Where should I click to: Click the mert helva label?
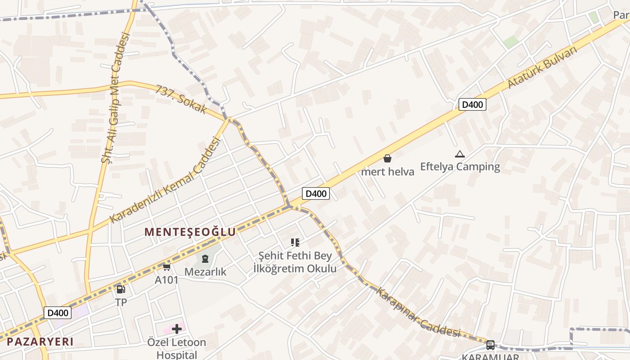click(x=387, y=171)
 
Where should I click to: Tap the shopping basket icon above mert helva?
click(x=387, y=158)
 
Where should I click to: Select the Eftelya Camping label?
click(x=460, y=166)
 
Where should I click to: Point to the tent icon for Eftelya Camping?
click(x=459, y=154)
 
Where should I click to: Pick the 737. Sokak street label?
click(x=181, y=99)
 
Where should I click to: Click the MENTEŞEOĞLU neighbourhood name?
click(x=190, y=232)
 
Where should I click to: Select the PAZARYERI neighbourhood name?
click(x=40, y=341)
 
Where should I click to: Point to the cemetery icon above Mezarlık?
click(x=205, y=259)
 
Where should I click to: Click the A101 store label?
click(x=166, y=280)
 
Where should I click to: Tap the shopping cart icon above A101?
click(x=166, y=267)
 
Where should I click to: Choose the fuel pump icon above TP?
click(x=121, y=289)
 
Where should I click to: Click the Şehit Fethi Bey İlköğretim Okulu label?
click(x=295, y=262)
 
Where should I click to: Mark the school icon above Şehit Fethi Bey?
click(x=295, y=243)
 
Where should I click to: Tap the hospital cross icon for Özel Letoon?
click(x=177, y=329)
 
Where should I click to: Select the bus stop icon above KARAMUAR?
click(x=490, y=345)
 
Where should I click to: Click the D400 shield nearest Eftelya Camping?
click(x=472, y=105)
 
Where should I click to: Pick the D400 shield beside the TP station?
click(x=58, y=313)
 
